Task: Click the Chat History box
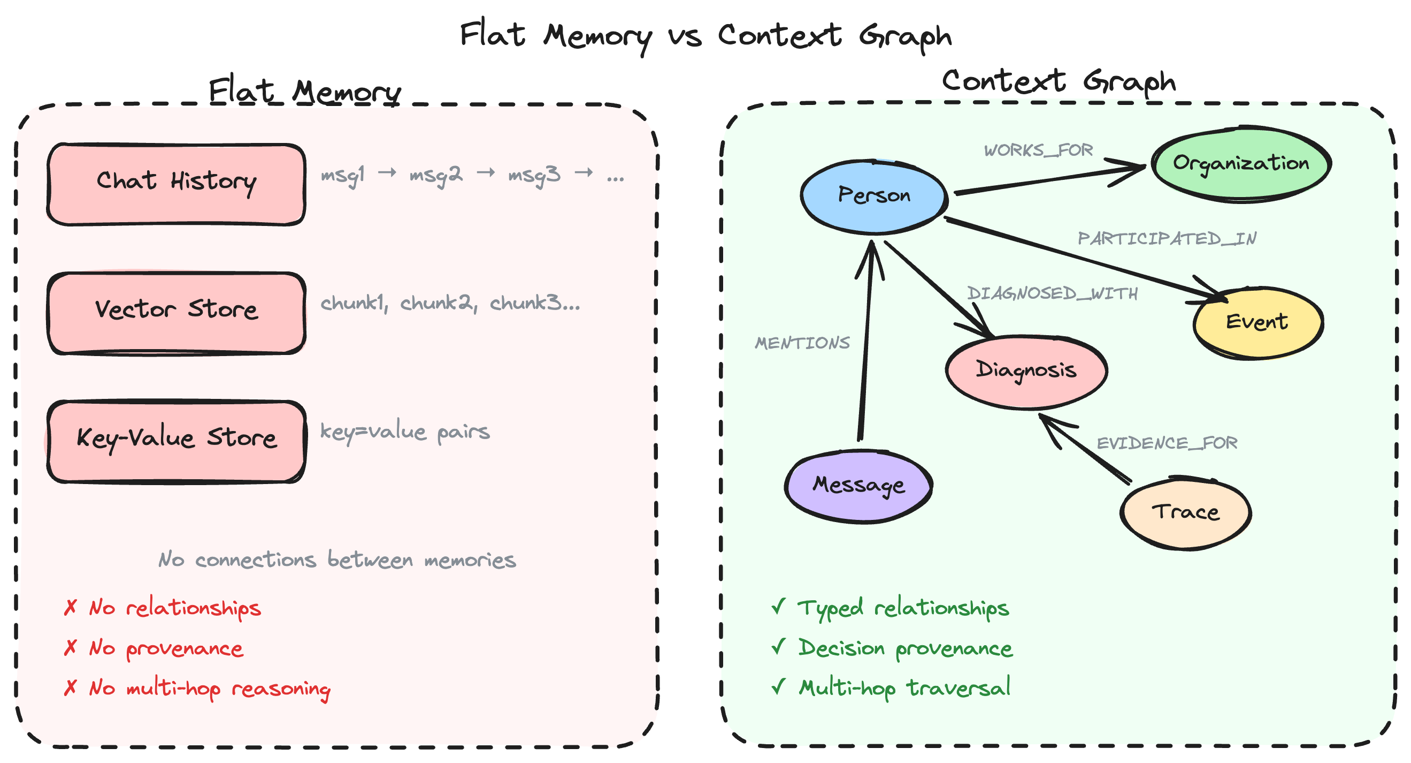point(177,184)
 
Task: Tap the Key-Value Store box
point(177,441)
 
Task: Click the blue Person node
point(874,196)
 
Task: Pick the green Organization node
point(1241,163)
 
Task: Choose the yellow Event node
point(1257,322)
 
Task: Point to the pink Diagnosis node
point(1026,371)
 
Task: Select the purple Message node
point(858,485)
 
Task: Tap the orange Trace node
point(1185,512)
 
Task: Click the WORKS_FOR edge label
point(1038,150)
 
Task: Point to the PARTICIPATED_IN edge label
point(1167,239)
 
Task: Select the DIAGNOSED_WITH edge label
point(1052,294)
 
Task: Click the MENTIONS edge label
point(802,343)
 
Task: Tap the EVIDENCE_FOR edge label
point(1167,443)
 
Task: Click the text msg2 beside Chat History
point(435,176)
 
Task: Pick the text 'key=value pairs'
point(405,433)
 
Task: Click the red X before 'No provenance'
point(70,647)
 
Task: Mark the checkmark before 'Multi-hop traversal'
point(778,686)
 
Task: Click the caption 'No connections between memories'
point(337,560)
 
